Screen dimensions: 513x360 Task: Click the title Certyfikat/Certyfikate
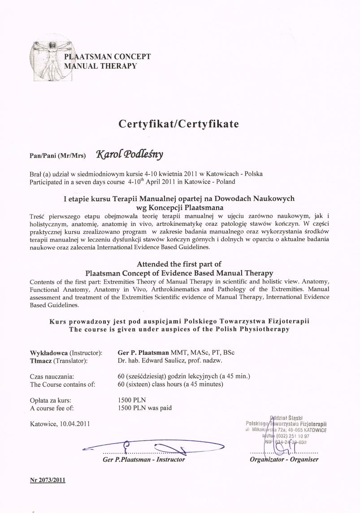(179, 124)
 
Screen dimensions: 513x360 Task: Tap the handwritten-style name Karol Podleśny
(130, 155)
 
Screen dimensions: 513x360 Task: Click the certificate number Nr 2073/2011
(48, 480)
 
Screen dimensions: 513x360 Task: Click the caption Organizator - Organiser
(284, 459)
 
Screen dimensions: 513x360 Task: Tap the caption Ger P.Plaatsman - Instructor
(143, 459)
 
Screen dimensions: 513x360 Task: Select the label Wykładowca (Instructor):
(66, 353)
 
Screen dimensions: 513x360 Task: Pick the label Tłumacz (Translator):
(58, 361)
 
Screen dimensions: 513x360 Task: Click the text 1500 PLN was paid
(144, 408)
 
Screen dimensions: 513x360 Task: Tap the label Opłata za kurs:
(51, 400)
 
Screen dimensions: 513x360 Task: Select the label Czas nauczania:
(52, 376)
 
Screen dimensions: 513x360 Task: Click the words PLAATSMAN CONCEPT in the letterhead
(108, 57)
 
